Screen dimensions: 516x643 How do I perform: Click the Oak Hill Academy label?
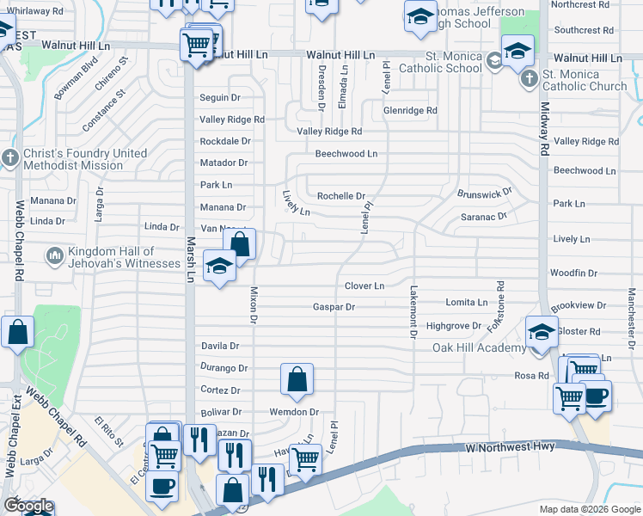tap(479, 347)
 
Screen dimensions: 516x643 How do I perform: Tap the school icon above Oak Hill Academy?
tap(542, 332)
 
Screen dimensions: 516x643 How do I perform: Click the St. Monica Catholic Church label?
tap(585, 80)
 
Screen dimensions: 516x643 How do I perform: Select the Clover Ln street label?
tap(364, 286)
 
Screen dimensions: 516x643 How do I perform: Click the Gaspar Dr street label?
tap(334, 306)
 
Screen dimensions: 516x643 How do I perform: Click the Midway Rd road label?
tap(544, 129)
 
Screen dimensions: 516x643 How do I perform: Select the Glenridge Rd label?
tap(410, 110)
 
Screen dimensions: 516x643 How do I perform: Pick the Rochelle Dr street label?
tap(341, 195)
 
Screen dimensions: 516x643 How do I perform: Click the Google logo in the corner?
tap(28, 507)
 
